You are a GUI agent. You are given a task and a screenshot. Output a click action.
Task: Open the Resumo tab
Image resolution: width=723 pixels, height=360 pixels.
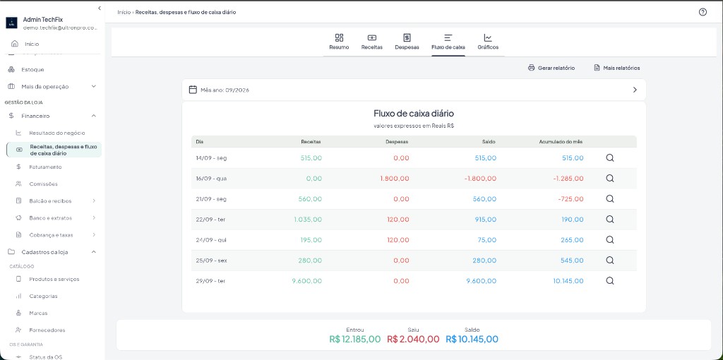click(339, 42)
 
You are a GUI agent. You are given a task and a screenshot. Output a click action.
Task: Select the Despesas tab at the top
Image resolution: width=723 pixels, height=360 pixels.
click(407, 42)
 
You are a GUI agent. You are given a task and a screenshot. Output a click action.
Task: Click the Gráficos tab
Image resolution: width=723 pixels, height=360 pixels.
click(488, 42)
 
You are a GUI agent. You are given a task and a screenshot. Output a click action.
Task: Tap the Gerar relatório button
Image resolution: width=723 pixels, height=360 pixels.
click(551, 68)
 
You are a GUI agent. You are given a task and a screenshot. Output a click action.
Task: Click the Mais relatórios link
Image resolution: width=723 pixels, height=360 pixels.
click(617, 68)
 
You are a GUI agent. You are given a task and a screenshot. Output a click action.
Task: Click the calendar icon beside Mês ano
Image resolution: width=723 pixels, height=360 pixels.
click(193, 90)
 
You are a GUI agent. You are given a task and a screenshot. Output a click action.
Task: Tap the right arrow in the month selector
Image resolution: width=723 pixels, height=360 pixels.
click(635, 90)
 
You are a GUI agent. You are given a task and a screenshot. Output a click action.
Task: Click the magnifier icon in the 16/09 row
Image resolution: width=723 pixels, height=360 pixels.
click(609, 179)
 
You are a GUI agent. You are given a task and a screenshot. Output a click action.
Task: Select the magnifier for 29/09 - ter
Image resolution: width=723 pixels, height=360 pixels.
click(609, 281)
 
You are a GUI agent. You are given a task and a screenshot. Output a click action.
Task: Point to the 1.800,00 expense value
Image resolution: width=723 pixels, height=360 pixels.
click(395, 179)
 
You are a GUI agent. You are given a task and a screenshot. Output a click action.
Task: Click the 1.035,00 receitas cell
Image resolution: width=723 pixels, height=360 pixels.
click(308, 220)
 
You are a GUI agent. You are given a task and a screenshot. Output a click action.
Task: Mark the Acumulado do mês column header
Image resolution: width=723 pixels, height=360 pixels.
click(561, 142)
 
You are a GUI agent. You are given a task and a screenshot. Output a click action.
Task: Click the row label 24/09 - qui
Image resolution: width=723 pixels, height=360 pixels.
click(210, 240)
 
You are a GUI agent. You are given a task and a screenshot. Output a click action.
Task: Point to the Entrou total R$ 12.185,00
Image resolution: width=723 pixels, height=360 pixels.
click(355, 340)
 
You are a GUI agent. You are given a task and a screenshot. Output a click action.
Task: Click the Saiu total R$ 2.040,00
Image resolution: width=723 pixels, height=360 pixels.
click(413, 340)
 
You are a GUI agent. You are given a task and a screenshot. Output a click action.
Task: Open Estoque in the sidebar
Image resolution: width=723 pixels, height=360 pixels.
click(32, 70)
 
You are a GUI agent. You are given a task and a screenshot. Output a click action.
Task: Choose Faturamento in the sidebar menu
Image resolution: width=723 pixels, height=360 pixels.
click(45, 167)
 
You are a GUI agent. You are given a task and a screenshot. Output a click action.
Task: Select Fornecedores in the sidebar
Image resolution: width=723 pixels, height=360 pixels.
click(47, 330)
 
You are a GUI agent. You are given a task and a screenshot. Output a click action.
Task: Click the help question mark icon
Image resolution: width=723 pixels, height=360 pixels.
click(703, 12)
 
